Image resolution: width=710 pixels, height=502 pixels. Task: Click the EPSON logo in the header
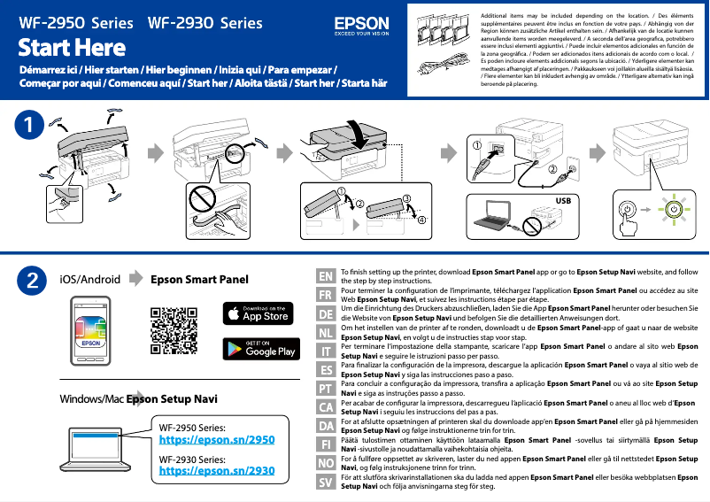(360, 25)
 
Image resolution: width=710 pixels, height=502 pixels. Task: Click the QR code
(174, 329)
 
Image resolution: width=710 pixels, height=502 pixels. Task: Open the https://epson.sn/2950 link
(216, 439)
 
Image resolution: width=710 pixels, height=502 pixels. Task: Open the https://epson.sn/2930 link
(216, 471)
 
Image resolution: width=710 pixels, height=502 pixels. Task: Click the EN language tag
(326, 276)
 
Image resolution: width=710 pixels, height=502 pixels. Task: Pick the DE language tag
(326, 314)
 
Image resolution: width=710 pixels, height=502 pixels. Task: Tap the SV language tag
(326, 483)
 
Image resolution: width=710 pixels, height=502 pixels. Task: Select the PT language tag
(326, 389)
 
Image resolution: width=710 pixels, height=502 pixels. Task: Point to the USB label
(565, 201)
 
